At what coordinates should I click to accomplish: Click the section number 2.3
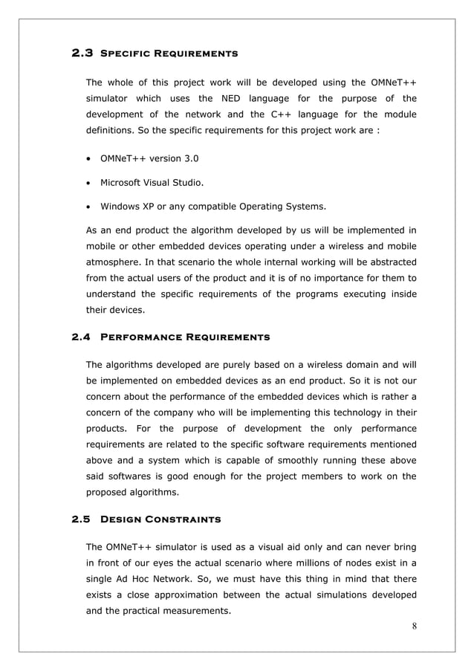click(x=82, y=54)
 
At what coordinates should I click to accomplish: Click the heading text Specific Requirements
click(x=169, y=54)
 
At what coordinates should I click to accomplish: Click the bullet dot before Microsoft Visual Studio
click(x=89, y=182)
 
